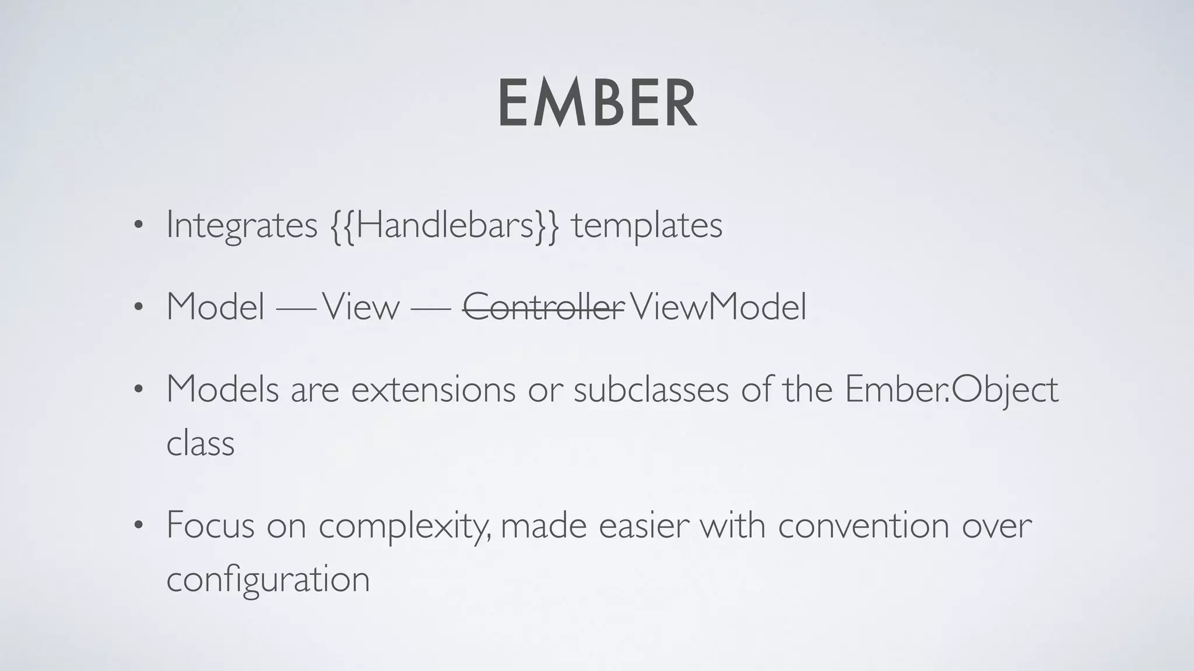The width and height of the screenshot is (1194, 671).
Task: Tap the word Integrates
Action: pos(241,225)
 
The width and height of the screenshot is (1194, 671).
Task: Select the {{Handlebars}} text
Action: pos(445,225)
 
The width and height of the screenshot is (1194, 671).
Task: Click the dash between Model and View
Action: pos(295,308)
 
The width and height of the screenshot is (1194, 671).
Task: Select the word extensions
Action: pos(433,389)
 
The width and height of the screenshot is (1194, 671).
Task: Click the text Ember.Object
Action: pos(951,389)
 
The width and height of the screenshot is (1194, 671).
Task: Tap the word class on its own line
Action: pos(200,444)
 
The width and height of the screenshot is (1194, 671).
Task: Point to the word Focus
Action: pos(210,525)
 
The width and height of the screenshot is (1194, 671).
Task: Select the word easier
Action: pos(644,525)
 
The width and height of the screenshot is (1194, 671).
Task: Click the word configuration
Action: pos(268,580)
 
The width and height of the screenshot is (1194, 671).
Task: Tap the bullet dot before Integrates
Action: pos(138,227)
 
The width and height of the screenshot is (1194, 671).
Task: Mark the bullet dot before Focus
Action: pos(138,526)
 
